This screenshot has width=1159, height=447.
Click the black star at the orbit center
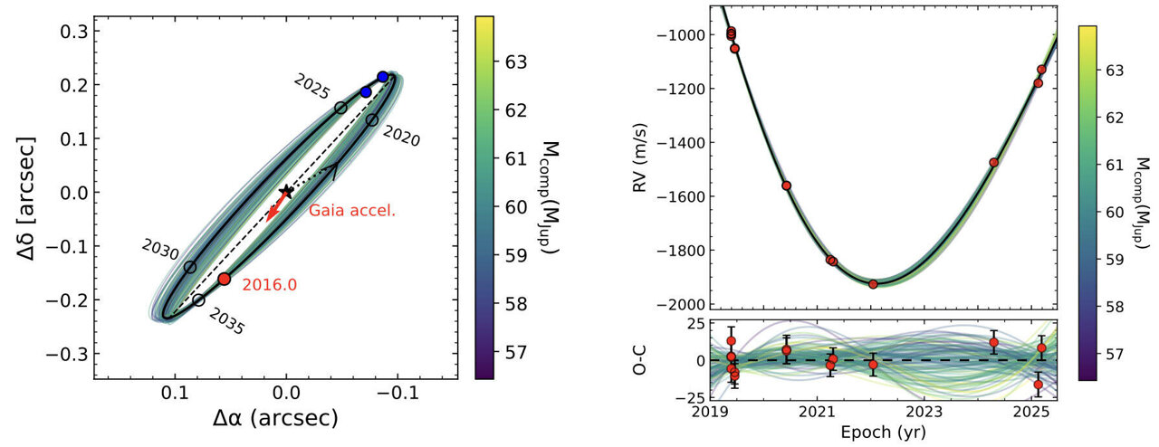(287, 191)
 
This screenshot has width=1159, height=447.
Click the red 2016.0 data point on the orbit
(225, 279)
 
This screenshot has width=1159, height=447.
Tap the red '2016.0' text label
(271, 285)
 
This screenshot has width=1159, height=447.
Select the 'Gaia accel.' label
(344, 211)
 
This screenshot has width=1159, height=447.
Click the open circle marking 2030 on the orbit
(190, 267)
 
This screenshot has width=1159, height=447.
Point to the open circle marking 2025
(340, 108)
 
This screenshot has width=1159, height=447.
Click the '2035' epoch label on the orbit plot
(226, 322)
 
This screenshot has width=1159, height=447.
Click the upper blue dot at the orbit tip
(382, 77)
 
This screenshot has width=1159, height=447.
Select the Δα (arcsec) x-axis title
(275, 419)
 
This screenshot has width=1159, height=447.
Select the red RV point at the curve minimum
(873, 284)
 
